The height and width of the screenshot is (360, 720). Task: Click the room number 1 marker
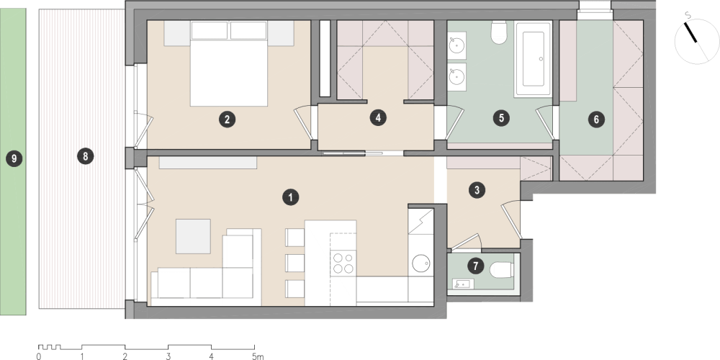point(291,197)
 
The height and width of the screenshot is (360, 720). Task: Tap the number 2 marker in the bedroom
point(227,120)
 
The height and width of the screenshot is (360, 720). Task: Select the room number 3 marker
point(477,190)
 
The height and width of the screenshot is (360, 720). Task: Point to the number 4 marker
point(378,117)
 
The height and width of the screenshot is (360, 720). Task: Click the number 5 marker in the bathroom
point(501,118)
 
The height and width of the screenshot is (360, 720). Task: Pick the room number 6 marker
point(596,120)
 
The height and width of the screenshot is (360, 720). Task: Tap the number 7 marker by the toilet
point(475,266)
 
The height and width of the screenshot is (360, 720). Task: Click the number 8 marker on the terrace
point(86,156)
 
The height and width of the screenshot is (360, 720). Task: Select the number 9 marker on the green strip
point(14,159)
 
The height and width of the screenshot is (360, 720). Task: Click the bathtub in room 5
point(533,59)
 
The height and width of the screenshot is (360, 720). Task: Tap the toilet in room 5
point(499,32)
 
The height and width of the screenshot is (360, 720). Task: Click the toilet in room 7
point(500,270)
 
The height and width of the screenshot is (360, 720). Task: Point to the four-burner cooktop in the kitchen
point(343,263)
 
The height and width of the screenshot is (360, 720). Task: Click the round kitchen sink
point(420,263)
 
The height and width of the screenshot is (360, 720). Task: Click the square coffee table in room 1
point(193,236)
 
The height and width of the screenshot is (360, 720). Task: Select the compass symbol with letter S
point(696,40)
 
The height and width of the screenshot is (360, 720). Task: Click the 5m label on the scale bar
point(258,356)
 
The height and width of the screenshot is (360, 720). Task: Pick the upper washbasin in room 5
point(456,45)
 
